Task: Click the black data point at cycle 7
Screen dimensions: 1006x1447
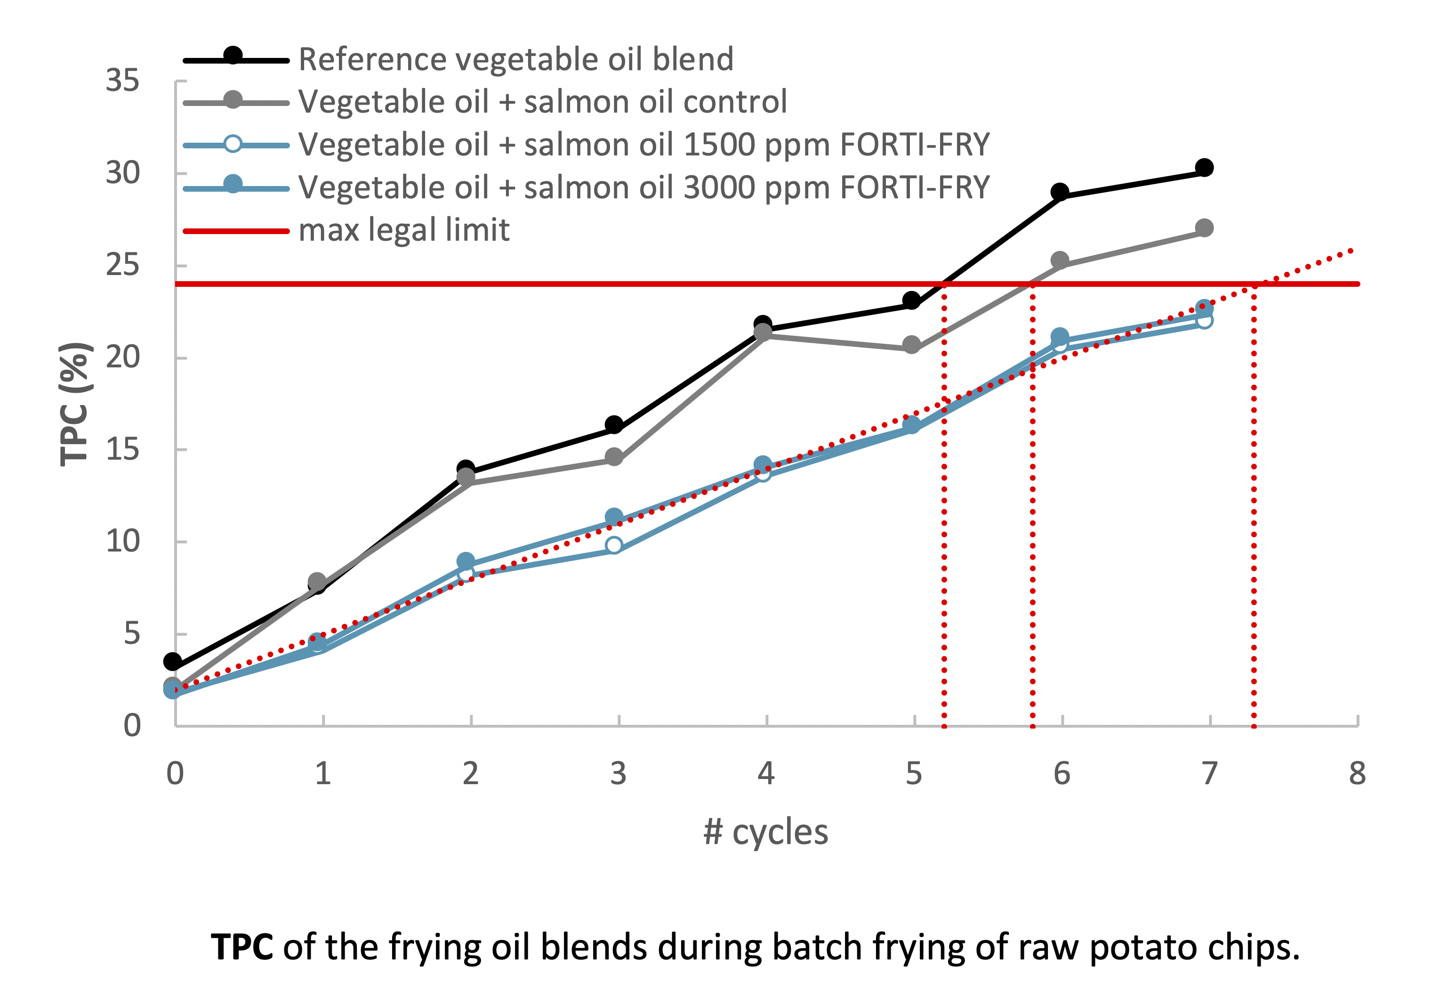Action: [1204, 168]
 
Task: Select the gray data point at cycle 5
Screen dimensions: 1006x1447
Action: [911, 345]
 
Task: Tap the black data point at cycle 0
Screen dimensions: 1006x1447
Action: [173, 662]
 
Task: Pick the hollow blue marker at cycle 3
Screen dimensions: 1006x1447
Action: [614, 545]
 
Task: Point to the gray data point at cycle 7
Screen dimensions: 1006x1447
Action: [1204, 227]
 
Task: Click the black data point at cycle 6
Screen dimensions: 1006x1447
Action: [1060, 192]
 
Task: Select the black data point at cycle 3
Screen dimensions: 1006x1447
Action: [614, 425]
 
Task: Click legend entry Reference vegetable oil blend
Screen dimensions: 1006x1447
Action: [515, 59]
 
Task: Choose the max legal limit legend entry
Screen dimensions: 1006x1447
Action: [403, 230]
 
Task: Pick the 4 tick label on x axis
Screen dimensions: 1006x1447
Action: [766, 773]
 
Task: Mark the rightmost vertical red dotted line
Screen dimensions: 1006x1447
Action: [1254, 504]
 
